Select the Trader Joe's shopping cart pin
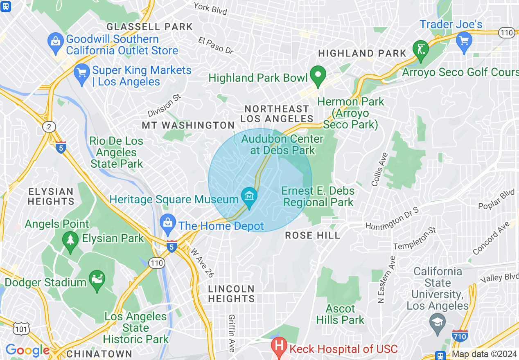click(x=464, y=41)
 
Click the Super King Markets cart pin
click(x=82, y=74)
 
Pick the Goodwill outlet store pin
click(x=55, y=43)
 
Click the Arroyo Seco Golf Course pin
click(x=421, y=49)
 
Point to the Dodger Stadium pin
click(x=97, y=280)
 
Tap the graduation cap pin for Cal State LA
click(x=437, y=322)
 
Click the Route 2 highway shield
click(x=49, y=127)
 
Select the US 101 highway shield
click(x=21, y=328)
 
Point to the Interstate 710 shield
click(x=460, y=336)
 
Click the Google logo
click(x=27, y=350)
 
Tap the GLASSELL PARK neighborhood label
click(x=149, y=27)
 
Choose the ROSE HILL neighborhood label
click(x=312, y=235)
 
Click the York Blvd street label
click(x=210, y=8)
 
